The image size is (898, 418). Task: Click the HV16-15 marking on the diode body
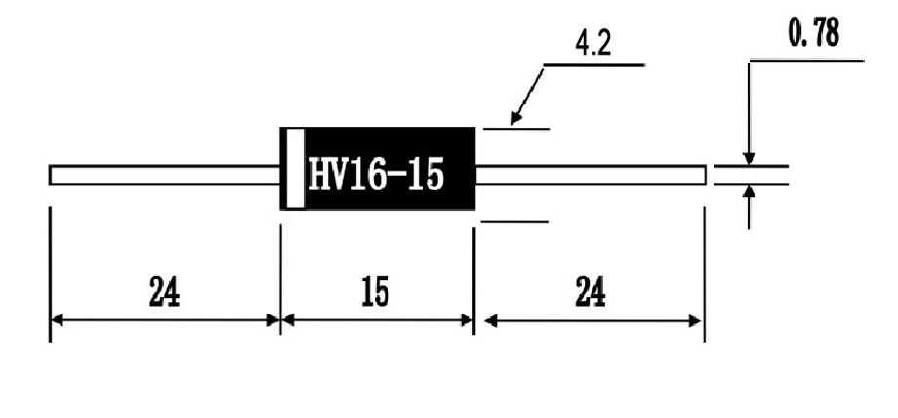point(376,174)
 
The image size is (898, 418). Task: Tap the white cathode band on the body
point(296,169)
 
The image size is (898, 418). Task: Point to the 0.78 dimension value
point(814,33)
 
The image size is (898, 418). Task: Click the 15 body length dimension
point(375,291)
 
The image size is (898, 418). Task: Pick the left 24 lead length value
point(164,291)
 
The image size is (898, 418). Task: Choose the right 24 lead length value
point(590,291)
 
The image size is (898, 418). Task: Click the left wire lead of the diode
point(165,175)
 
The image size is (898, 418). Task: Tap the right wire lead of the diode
point(591,175)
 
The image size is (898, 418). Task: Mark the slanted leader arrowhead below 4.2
point(515,117)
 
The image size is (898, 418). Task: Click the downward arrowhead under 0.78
point(749,159)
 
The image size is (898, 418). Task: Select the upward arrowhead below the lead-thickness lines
point(749,190)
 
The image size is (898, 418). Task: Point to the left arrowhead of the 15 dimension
point(288,320)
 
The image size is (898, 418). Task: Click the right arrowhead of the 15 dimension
point(467,320)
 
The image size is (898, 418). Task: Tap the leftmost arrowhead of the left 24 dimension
point(57,320)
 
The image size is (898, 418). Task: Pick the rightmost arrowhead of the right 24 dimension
point(694,321)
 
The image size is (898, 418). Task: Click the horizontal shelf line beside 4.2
point(593,65)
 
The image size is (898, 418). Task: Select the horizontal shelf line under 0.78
point(806,60)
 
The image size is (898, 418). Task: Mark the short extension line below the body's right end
point(514,221)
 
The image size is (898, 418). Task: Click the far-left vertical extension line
point(51,274)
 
